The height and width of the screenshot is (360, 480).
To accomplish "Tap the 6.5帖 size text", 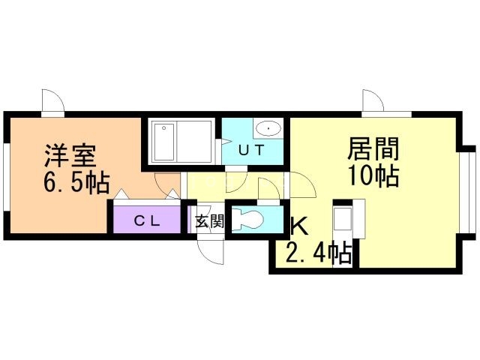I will coord(75,182).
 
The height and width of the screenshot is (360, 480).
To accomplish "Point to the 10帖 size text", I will coord(372,176).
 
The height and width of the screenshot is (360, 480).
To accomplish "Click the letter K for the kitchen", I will coord(298,227).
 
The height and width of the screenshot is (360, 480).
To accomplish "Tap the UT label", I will coord(250,149).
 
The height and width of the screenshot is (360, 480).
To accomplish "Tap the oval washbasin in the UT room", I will coord(268,127).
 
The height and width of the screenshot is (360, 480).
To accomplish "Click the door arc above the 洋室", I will coord(49,100).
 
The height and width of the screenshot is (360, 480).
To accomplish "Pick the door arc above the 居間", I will coord(373,100).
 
